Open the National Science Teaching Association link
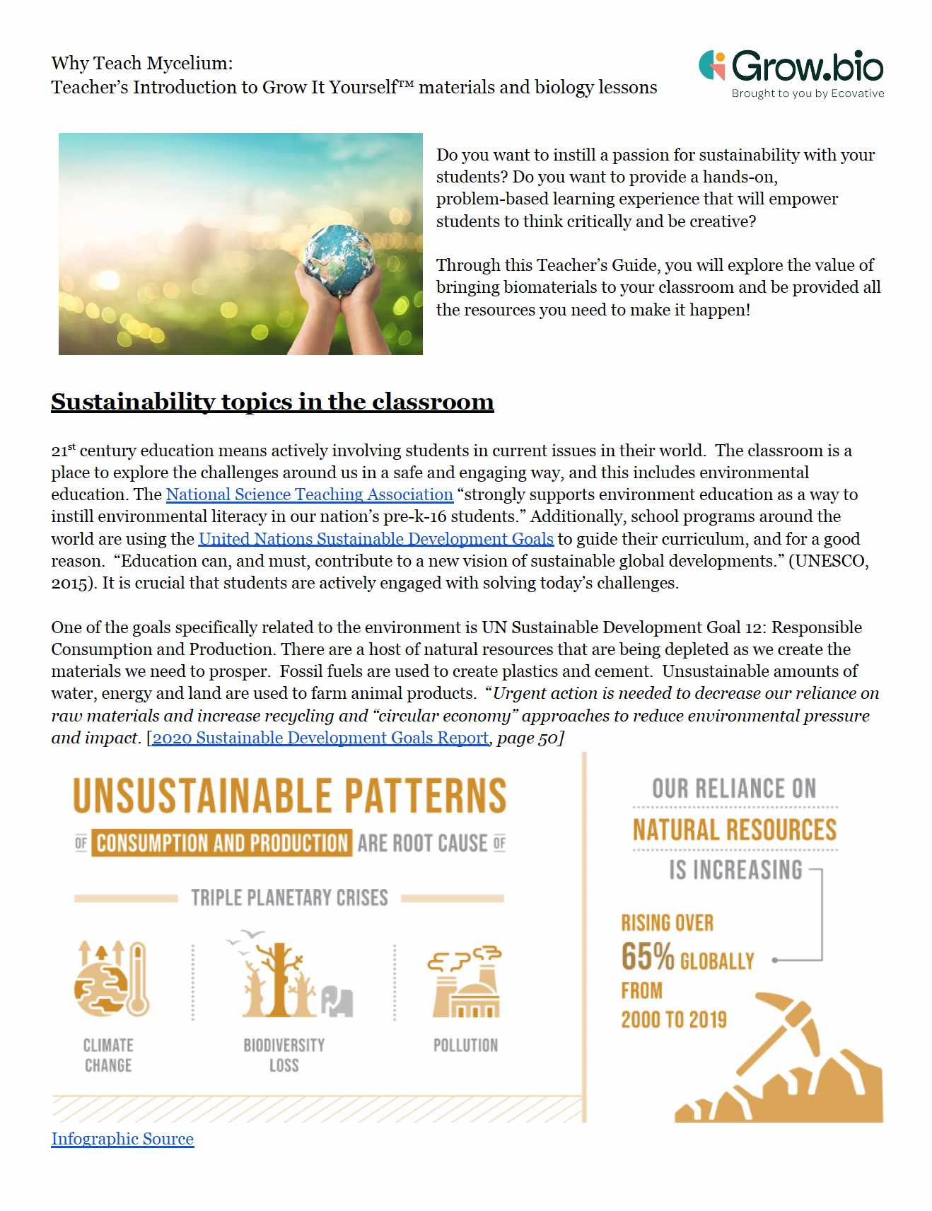(x=309, y=494)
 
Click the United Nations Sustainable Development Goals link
(x=375, y=539)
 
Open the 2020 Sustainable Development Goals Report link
(x=320, y=738)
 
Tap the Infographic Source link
(x=122, y=1139)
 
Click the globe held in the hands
(x=340, y=259)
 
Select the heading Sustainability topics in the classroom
(x=272, y=402)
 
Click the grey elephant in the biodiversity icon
(x=337, y=1001)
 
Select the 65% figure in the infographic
(x=647, y=957)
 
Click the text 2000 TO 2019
(x=673, y=1019)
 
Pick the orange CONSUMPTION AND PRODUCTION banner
(x=222, y=843)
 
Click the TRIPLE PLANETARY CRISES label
(x=289, y=898)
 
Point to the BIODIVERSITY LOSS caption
(x=284, y=1055)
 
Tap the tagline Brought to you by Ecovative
(x=808, y=93)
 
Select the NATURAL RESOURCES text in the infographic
(x=735, y=830)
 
